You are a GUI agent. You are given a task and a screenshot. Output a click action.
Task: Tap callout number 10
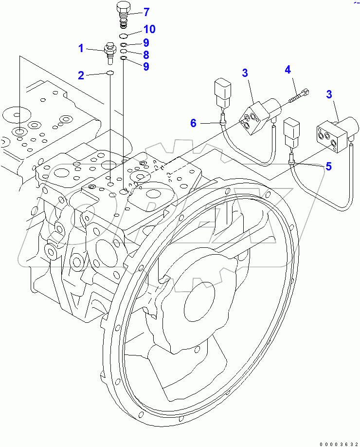point(149,30)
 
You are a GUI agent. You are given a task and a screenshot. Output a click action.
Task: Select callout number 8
point(146,55)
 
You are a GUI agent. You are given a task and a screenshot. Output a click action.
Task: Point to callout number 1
point(82,48)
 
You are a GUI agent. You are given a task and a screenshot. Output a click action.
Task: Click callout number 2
point(82,75)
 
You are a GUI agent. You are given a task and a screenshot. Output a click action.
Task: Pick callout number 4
point(288,70)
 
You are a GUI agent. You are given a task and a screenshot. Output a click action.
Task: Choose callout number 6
point(194,123)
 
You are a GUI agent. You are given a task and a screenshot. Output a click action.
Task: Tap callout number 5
point(329,166)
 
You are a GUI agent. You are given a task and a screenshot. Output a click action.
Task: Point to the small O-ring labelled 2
point(110,74)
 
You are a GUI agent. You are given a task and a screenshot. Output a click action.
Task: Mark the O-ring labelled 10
point(124,37)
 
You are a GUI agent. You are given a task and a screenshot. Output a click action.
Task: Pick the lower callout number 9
point(146,67)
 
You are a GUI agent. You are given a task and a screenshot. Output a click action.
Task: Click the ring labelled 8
point(124,51)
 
